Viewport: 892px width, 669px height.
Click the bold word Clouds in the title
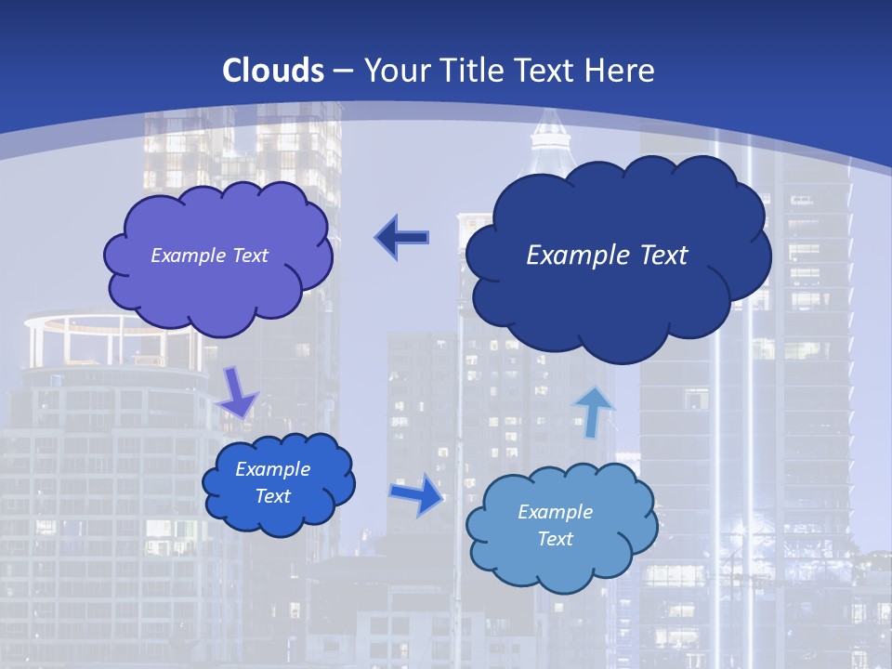273,71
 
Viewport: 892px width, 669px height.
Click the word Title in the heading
470,71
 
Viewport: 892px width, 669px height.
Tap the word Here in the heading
621,71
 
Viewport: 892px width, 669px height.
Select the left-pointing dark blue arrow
402,238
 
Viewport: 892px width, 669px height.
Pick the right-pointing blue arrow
417,493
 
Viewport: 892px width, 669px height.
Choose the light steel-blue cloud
561,562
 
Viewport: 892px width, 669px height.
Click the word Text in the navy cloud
656,256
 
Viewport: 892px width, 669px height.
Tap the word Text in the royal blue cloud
273,496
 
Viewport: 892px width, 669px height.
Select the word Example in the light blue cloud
555,512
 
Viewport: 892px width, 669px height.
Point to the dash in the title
342,71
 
